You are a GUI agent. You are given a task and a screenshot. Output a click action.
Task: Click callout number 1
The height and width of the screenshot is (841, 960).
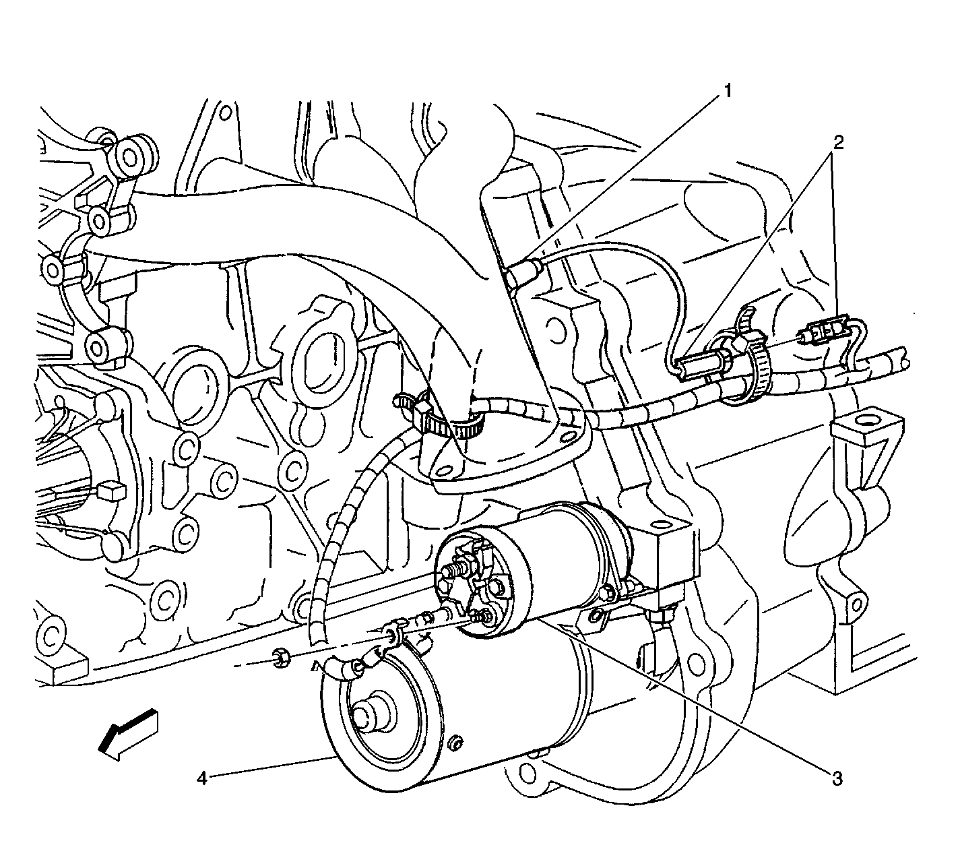point(728,91)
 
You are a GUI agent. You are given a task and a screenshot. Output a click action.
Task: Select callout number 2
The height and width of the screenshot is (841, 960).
point(838,142)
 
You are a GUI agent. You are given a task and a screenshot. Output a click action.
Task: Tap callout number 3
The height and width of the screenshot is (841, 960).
point(837,780)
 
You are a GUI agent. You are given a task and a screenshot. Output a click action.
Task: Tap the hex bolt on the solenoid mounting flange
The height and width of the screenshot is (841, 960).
point(606,593)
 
